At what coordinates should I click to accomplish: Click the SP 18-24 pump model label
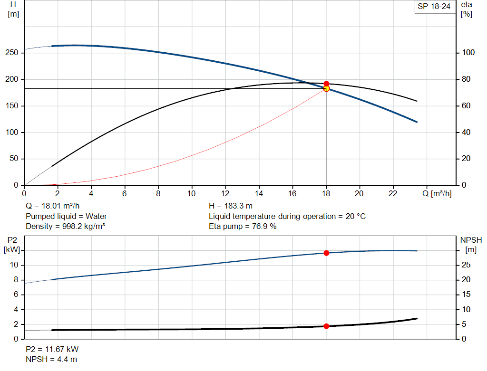tap(434, 6)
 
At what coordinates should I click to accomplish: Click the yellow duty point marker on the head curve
tap(326, 88)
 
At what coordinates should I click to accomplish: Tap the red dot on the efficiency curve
tap(326, 84)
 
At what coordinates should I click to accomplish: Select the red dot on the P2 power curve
tap(326, 253)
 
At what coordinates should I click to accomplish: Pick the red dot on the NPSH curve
tap(326, 326)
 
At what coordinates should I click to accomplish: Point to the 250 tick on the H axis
tap(12, 53)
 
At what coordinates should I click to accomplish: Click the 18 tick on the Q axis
tap(326, 193)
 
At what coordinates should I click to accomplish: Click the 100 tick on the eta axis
tap(468, 53)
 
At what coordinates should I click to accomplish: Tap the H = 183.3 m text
tap(231, 206)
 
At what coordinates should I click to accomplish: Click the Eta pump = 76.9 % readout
tap(243, 226)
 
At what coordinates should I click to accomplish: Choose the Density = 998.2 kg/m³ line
tap(65, 226)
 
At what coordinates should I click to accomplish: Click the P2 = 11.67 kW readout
tap(52, 349)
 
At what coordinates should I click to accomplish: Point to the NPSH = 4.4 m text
tap(51, 359)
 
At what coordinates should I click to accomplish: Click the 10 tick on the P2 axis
tap(15, 265)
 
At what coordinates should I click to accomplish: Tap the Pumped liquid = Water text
tap(66, 216)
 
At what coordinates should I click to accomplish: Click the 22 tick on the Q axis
tap(393, 193)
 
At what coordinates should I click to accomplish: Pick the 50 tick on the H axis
tap(14, 159)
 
